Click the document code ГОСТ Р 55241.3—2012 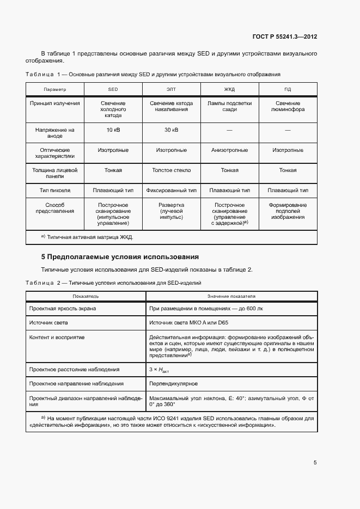click(x=285, y=37)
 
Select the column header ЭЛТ click(x=171, y=89)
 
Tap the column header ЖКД click(x=229, y=89)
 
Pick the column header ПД click(x=288, y=89)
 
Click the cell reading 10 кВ click(x=113, y=130)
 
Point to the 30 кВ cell click(x=171, y=130)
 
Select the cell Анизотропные click(x=229, y=150)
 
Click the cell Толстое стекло click(x=171, y=170)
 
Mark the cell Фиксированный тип click(x=171, y=191)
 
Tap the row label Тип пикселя click(x=54, y=191)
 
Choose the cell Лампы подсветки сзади click(x=229, y=106)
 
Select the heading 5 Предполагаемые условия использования click(x=120, y=256)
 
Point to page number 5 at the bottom click(x=315, y=463)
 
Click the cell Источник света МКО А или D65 click(x=188, y=323)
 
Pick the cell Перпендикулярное click(x=173, y=384)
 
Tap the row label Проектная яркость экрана click(x=63, y=308)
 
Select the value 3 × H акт click(x=158, y=370)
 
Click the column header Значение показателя click(x=231, y=296)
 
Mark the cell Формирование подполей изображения click(x=288, y=211)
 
